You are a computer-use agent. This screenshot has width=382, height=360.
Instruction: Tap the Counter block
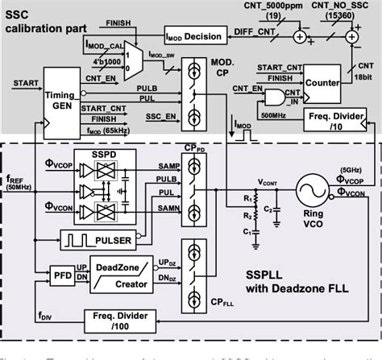pos(324,82)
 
